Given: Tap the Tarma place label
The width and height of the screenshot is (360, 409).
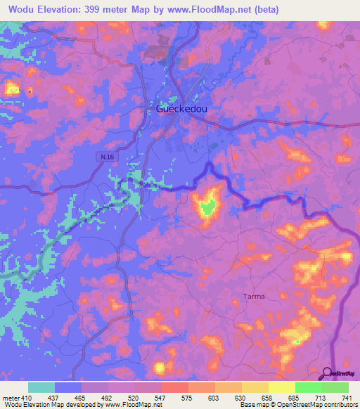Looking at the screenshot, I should [253, 296].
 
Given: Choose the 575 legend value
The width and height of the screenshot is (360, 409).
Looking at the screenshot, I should [174, 397].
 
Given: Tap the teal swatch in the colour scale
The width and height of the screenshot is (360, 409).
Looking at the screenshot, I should [41, 387].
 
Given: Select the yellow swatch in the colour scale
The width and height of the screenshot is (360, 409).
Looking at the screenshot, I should [281, 387].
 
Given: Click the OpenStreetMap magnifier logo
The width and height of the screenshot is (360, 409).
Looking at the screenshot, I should [326, 374].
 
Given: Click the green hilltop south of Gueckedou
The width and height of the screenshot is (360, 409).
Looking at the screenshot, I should [207, 207].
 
